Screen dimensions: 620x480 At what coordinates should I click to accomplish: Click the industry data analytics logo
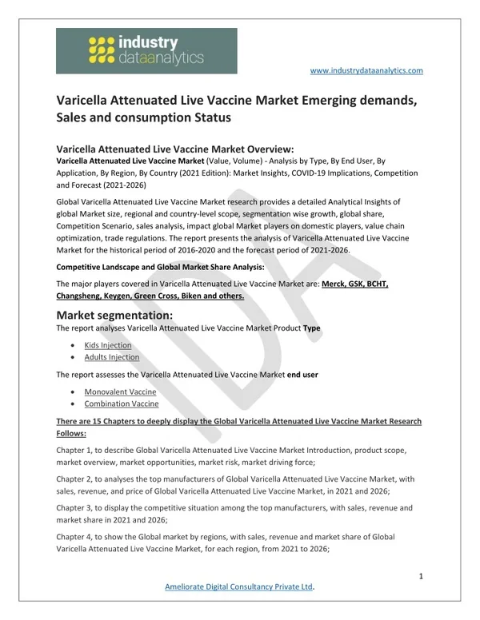point(146,51)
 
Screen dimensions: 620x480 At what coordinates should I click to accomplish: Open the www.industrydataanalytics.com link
point(366,70)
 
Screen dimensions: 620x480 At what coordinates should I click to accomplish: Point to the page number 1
point(420,575)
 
